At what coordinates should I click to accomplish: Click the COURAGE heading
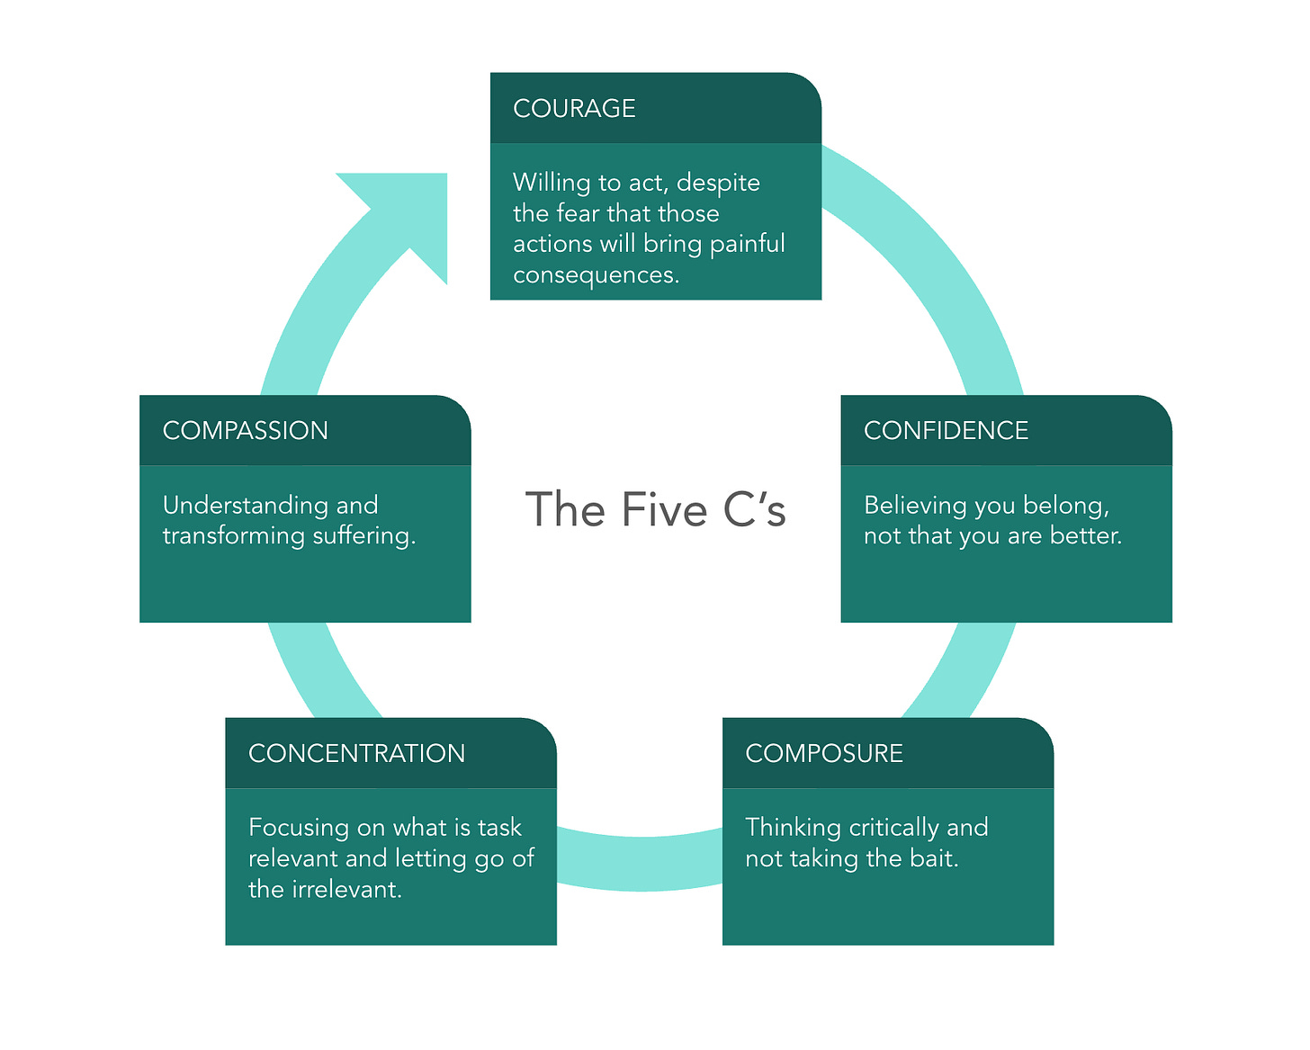[574, 109]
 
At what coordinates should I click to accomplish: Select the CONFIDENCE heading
[946, 431]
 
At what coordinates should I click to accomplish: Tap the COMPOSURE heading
[824, 754]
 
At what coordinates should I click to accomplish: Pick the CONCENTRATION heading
[356, 754]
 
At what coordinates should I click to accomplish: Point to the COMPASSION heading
[245, 431]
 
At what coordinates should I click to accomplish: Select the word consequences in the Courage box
[595, 275]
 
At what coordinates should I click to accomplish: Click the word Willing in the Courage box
[552, 183]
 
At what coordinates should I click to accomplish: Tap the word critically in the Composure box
[893, 828]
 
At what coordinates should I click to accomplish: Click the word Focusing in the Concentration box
[298, 828]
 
